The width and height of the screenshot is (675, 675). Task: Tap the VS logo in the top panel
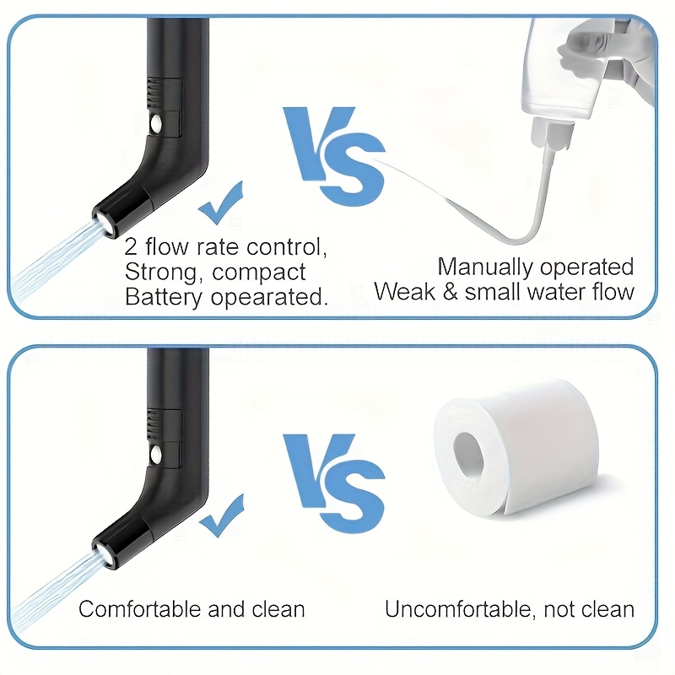333,156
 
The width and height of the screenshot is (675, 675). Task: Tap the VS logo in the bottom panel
333,483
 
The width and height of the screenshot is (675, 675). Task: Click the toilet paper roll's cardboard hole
469,455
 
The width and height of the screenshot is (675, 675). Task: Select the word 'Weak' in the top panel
405,291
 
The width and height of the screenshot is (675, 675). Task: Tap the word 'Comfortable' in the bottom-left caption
140,609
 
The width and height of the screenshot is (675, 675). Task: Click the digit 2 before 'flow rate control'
131,247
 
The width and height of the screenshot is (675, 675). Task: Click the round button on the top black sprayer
156,124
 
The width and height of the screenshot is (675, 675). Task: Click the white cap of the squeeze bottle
553,133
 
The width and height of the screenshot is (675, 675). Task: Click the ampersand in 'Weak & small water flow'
450,292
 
